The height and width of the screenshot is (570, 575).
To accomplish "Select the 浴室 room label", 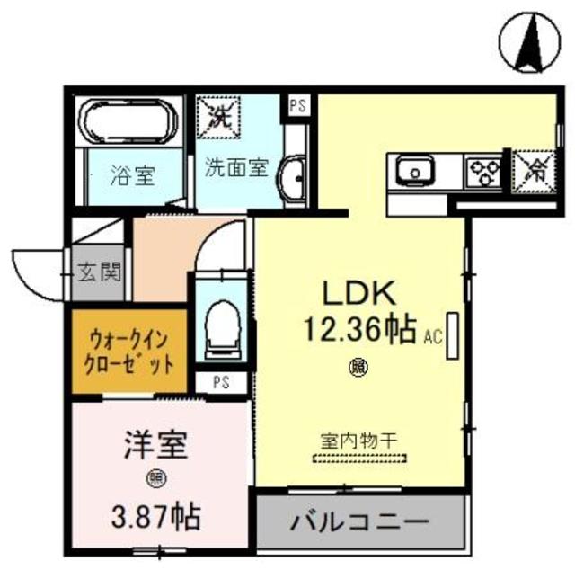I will pyautogui.click(x=132, y=175).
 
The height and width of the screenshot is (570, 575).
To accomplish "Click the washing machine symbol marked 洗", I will pyautogui.click(x=218, y=115).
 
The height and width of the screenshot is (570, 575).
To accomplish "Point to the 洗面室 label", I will pyautogui.click(x=236, y=167).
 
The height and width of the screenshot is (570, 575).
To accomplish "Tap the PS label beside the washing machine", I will pyautogui.click(x=296, y=104).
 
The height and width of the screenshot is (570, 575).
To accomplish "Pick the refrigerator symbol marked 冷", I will pyautogui.click(x=535, y=168).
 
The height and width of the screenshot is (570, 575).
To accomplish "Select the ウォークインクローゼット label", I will pyautogui.click(x=129, y=352).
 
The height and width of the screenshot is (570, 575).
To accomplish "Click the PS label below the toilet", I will pyautogui.click(x=220, y=381).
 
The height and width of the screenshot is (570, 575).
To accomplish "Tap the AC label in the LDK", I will pyautogui.click(x=432, y=338).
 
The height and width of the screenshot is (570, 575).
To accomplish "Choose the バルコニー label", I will pyautogui.click(x=359, y=521).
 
